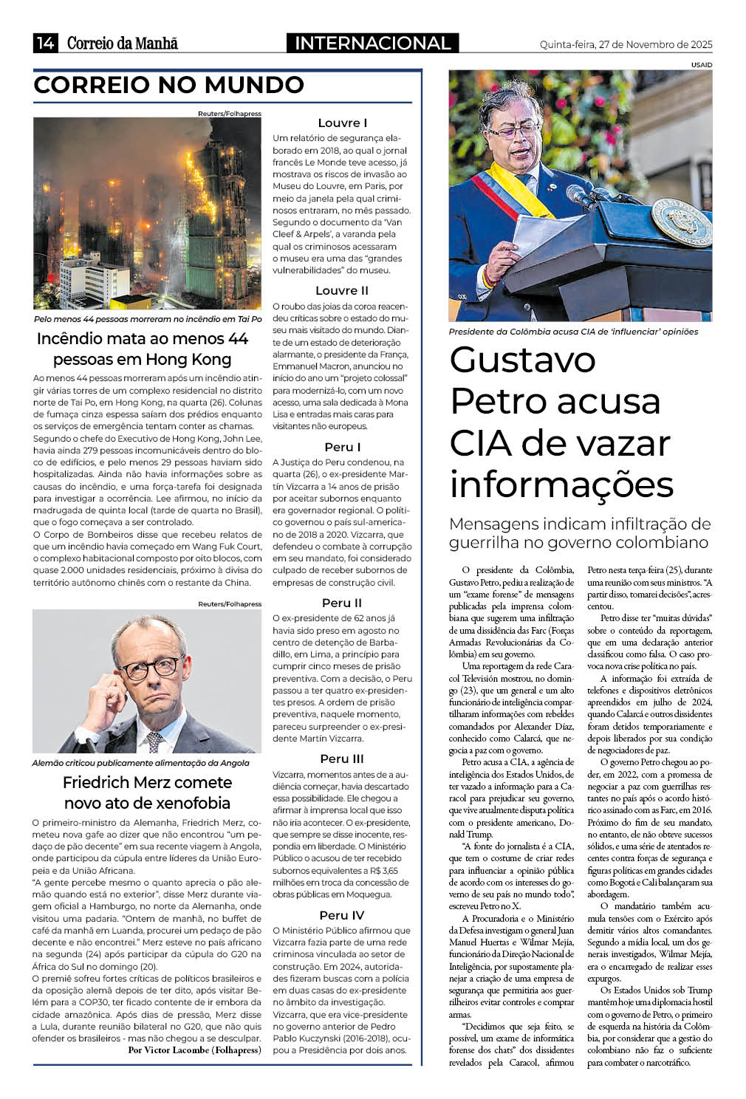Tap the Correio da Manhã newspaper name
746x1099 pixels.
coord(123,44)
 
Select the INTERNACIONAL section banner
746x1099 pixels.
coord(372,44)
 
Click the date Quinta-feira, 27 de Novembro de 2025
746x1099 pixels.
coord(626,45)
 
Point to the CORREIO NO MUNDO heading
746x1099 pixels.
coord(169,85)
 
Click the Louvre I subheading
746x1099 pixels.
coord(342,123)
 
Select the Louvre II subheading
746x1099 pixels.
coord(342,290)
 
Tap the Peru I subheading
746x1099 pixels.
coord(342,447)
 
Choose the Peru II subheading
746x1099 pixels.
coord(342,603)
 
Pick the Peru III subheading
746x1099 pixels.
coord(342,759)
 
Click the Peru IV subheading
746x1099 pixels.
coord(342,915)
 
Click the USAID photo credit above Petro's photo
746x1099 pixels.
coord(702,65)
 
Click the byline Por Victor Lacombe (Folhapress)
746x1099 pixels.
coord(195,1050)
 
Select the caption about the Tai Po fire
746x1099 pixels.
coord(148,319)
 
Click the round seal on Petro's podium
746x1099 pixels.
coord(682,222)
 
